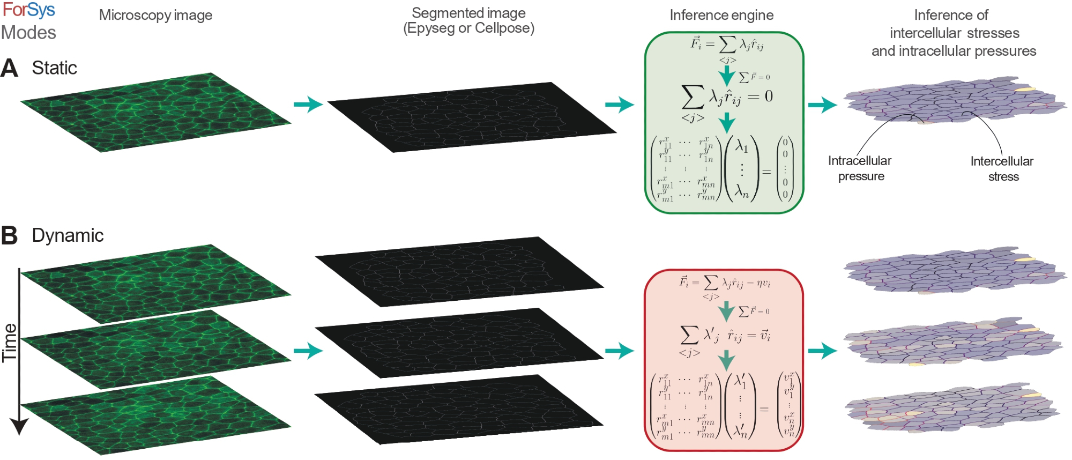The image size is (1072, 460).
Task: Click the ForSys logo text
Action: click(28, 10)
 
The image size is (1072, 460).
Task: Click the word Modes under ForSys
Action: click(28, 33)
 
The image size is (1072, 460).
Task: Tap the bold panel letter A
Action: click(9, 68)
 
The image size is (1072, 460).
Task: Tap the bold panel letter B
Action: click(9, 236)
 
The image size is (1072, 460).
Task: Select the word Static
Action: click(54, 68)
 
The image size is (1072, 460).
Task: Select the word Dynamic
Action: click(68, 236)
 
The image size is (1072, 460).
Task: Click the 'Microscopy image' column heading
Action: click(155, 15)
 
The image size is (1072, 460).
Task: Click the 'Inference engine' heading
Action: click(721, 15)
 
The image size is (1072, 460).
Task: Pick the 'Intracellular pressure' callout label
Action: click(860, 168)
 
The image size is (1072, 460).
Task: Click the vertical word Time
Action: click(10, 343)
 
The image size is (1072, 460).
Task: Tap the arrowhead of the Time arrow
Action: click(19, 427)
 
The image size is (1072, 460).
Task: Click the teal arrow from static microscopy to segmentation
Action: click(308, 104)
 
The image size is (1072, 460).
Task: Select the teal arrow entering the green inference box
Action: click(620, 105)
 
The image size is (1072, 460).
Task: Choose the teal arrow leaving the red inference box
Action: click(822, 351)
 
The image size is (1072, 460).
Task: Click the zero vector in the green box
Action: click(785, 168)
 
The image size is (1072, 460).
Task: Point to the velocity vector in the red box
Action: click(788, 405)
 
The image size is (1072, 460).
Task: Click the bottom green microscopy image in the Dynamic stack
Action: click(155, 416)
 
